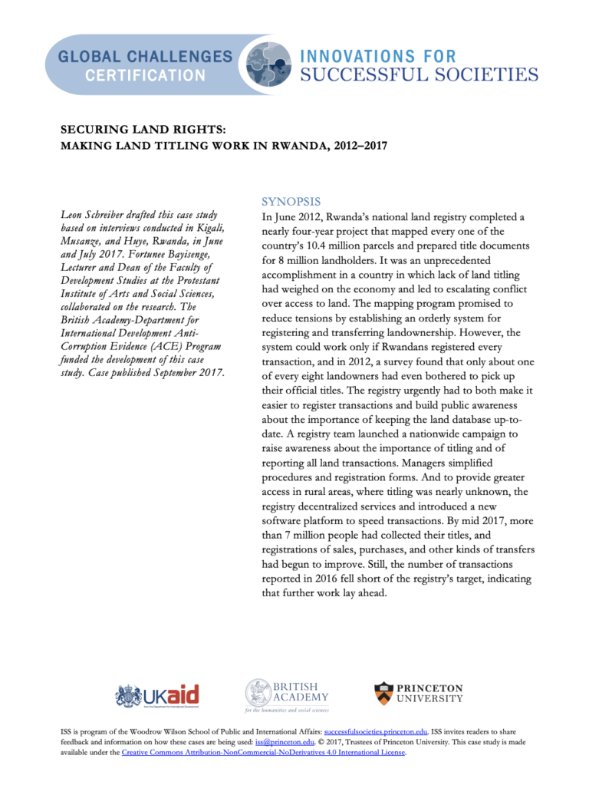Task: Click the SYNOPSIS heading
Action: (x=286, y=202)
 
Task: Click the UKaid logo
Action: (x=157, y=696)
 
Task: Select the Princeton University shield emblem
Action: (x=383, y=694)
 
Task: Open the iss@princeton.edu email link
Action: (x=288, y=743)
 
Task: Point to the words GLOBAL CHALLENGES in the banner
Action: (x=145, y=57)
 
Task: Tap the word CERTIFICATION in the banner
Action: (x=145, y=75)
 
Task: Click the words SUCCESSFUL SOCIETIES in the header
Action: (x=418, y=74)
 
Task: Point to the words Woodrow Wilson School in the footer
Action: (x=169, y=733)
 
